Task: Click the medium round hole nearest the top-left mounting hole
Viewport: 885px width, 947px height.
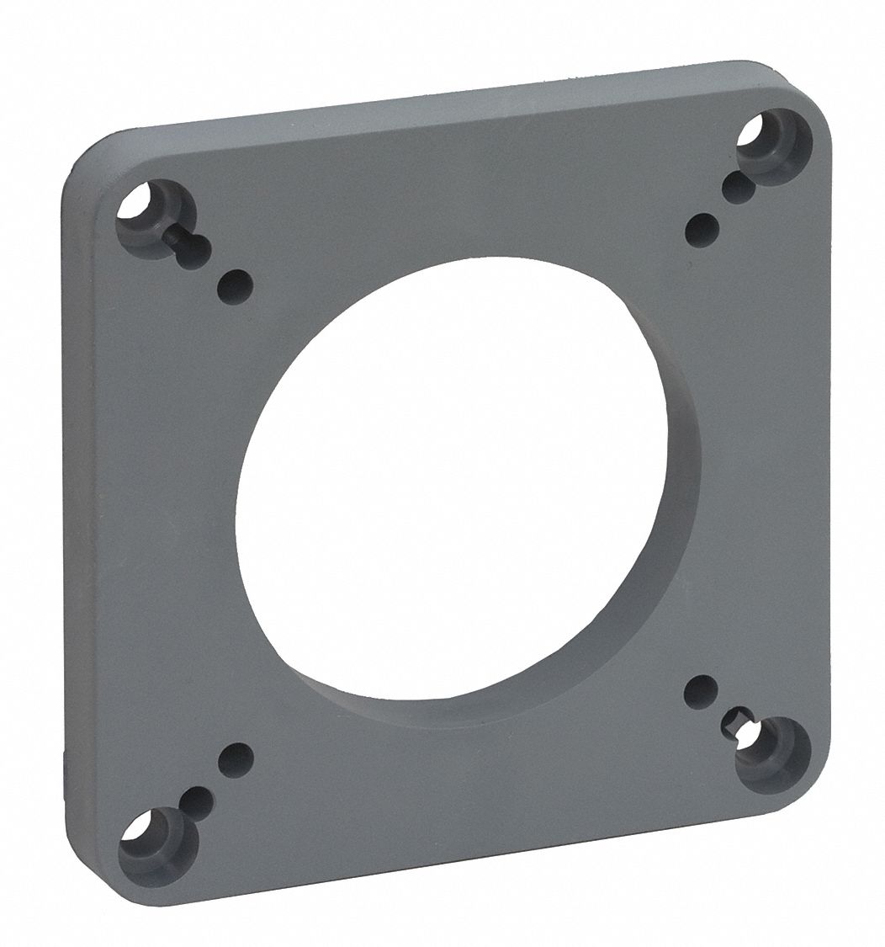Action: tap(235, 287)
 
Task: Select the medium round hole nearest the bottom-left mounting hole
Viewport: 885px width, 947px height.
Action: tap(236, 760)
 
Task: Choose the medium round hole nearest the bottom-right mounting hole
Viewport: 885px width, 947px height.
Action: tap(700, 692)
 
